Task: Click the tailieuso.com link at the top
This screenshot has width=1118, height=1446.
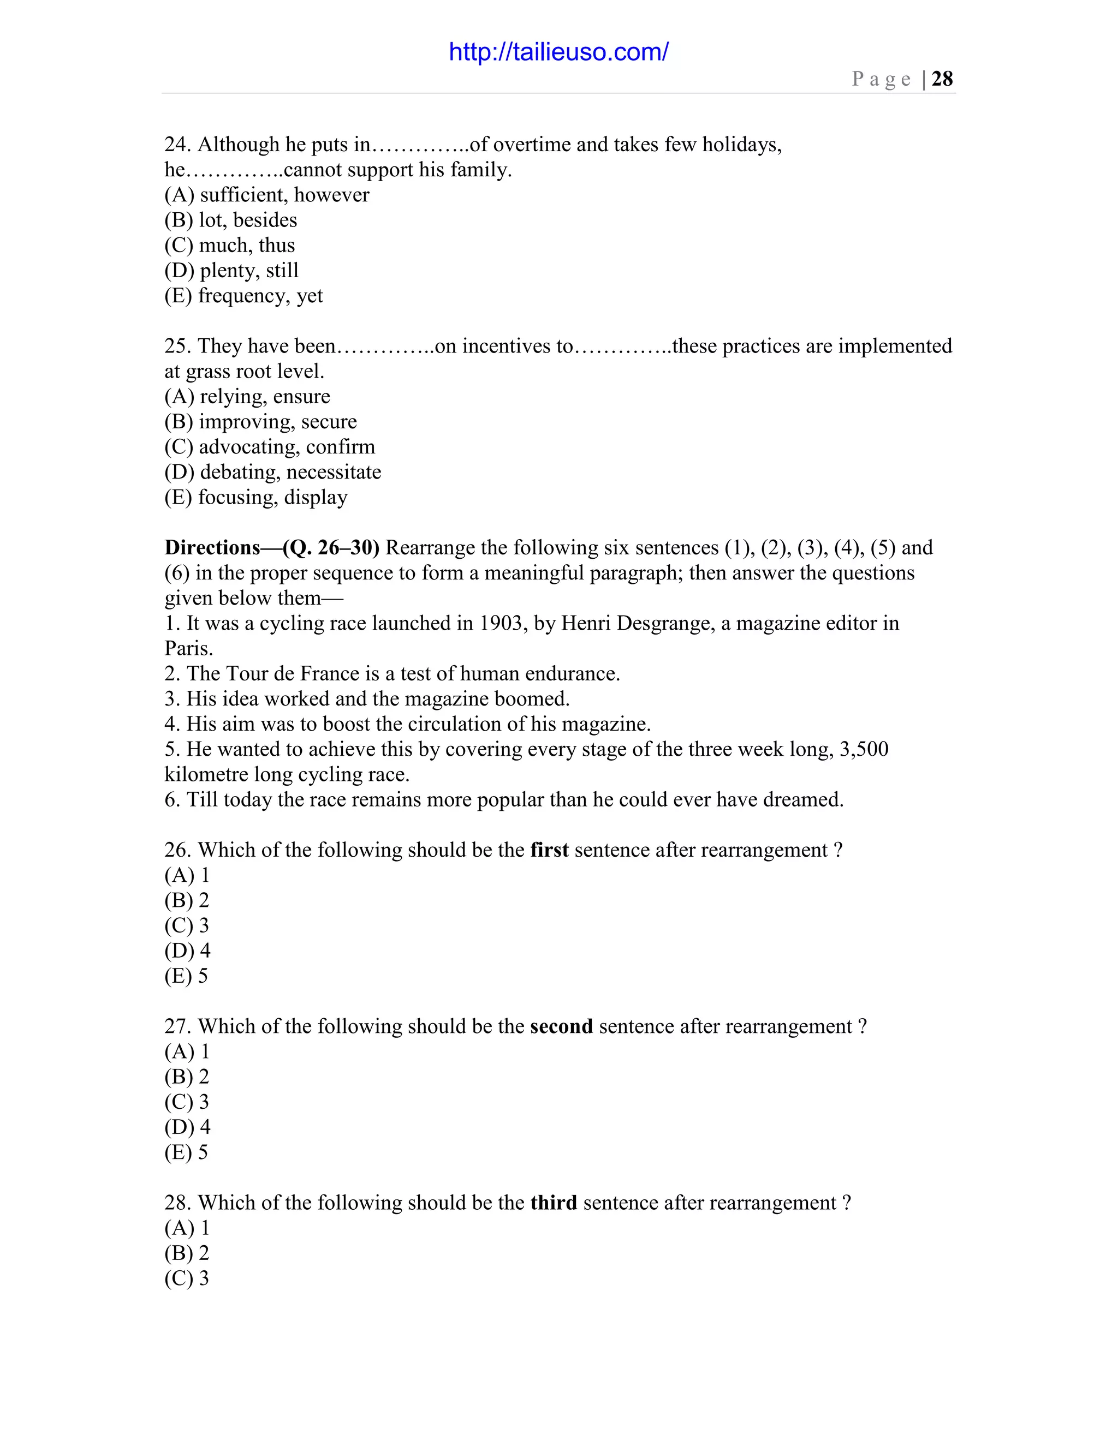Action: [x=558, y=52]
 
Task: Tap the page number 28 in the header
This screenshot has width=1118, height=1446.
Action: [x=942, y=79]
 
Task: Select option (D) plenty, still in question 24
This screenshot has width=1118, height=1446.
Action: [x=232, y=270]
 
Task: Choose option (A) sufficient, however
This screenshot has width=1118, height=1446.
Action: [x=267, y=195]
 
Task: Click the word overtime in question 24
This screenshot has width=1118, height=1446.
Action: [x=532, y=145]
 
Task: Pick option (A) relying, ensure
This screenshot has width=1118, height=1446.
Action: [x=247, y=397]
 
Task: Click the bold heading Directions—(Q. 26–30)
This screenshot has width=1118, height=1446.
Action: [x=271, y=547]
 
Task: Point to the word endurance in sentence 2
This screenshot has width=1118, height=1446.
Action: [x=572, y=673]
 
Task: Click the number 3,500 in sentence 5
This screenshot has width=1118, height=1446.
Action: [x=864, y=749]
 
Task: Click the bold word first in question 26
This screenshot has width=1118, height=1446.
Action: [x=549, y=850]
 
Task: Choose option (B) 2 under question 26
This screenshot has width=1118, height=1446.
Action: [x=187, y=900]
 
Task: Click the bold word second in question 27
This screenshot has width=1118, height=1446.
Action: [x=561, y=1026]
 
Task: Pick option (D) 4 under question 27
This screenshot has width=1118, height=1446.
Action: [x=187, y=1127]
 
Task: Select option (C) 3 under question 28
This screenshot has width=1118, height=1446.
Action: [x=187, y=1278]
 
